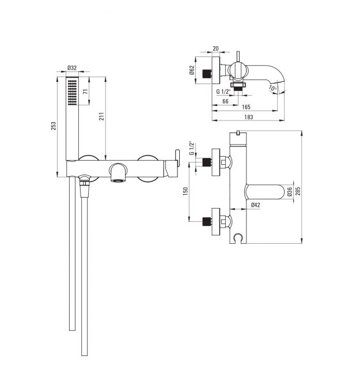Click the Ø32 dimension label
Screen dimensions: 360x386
point(72,68)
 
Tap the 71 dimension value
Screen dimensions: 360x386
point(86,92)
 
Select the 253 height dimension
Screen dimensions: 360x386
point(54,126)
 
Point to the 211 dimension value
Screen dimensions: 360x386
point(101,116)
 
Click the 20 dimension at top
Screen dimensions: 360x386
point(215,48)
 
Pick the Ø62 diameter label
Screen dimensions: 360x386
point(192,70)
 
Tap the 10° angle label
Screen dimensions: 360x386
point(272,88)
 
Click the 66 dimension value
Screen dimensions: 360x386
point(225,101)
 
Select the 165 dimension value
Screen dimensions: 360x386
point(246,107)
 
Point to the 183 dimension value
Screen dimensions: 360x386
point(248,117)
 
